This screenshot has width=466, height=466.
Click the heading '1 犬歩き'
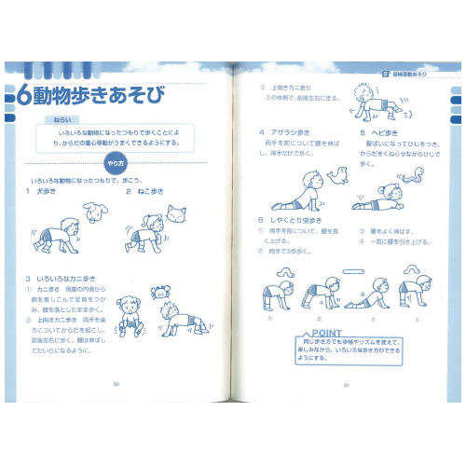pos(41,191)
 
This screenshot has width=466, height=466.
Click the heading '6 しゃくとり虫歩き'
pos(292,220)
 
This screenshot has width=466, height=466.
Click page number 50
pos(116,383)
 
